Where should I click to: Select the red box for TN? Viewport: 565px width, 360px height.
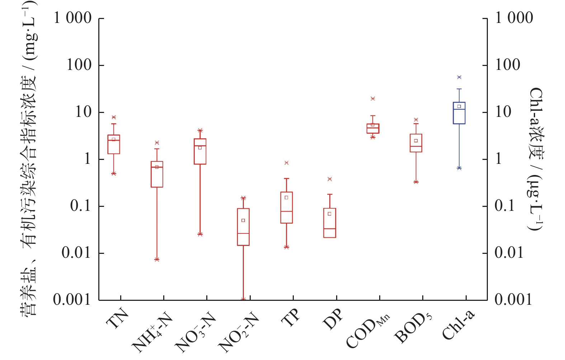tap(114, 145)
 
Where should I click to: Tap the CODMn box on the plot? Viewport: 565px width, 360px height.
tap(373, 129)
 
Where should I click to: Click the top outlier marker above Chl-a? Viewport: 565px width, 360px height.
tap(459, 77)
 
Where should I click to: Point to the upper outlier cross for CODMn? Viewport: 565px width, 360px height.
tap(373, 99)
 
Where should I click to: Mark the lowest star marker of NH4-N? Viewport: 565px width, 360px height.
tap(157, 259)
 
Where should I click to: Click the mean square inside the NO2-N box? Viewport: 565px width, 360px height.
tap(243, 221)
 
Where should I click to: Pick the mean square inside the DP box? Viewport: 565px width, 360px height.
tap(329, 214)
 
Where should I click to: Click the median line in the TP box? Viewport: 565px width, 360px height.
tap(287, 212)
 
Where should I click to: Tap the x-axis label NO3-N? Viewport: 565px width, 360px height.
tap(196, 332)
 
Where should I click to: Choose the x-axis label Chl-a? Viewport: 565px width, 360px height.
tap(458, 325)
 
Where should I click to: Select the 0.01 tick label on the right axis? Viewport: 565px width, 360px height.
tap(509, 253)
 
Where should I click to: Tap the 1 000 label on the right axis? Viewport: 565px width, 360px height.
tap(514, 18)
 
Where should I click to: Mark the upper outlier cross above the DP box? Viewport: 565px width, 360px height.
tap(330, 179)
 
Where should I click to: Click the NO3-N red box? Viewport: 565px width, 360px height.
tap(200, 151)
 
